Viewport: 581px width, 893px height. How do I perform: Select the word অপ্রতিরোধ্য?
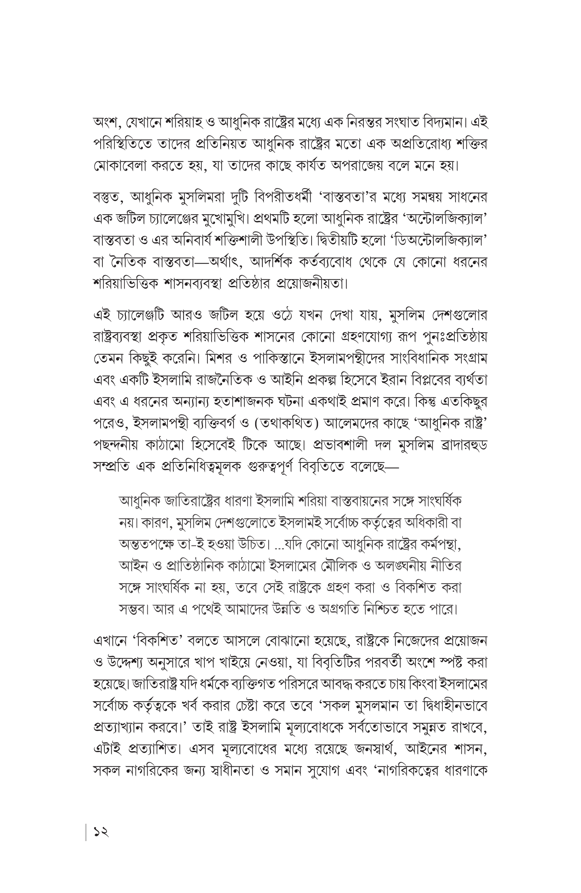click(x=416, y=144)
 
